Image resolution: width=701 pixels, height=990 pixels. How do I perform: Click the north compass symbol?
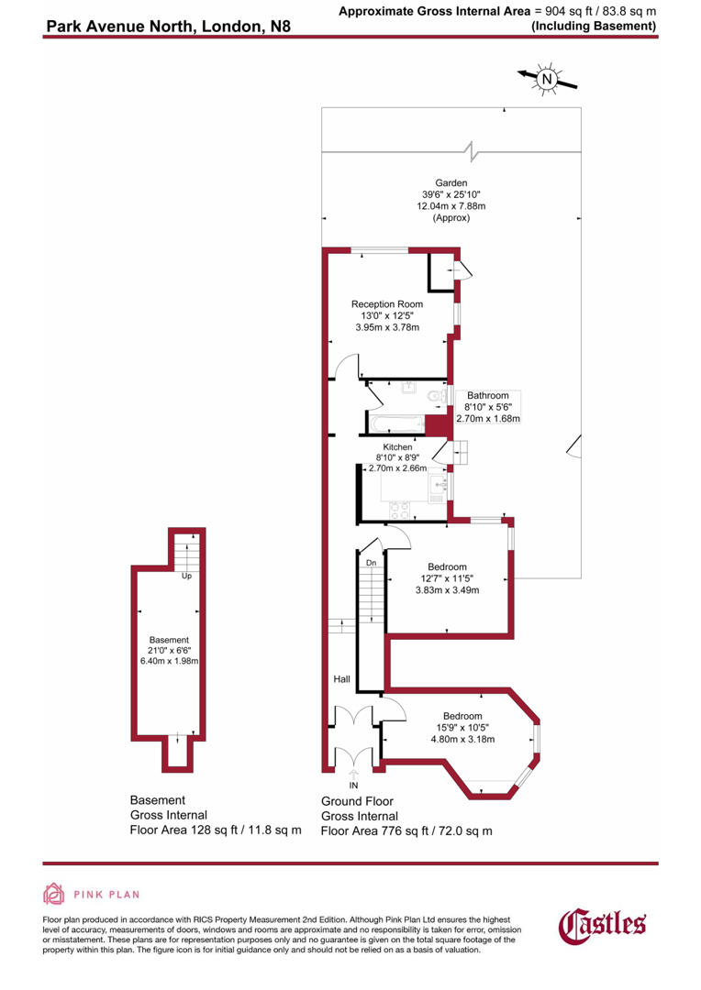click(547, 81)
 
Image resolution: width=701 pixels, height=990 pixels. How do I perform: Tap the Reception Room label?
click(386, 304)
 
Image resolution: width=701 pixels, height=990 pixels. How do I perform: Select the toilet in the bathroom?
click(438, 397)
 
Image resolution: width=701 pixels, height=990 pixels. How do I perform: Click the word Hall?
click(341, 680)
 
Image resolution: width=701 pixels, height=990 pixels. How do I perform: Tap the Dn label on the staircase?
click(371, 563)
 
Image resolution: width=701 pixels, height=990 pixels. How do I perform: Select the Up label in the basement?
click(186, 577)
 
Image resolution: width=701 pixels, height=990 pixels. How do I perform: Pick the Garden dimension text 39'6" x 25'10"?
click(451, 194)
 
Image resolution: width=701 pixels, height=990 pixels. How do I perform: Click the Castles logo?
click(603, 923)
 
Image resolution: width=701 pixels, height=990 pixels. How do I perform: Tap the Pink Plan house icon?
click(54, 894)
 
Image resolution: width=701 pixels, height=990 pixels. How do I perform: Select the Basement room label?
click(169, 640)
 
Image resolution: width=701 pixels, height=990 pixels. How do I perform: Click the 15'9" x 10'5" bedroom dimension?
click(462, 728)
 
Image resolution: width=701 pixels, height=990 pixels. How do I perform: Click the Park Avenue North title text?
click(168, 27)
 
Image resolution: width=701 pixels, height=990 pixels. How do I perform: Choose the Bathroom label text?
click(486, 396)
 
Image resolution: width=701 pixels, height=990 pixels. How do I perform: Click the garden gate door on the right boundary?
click(575, 446)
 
